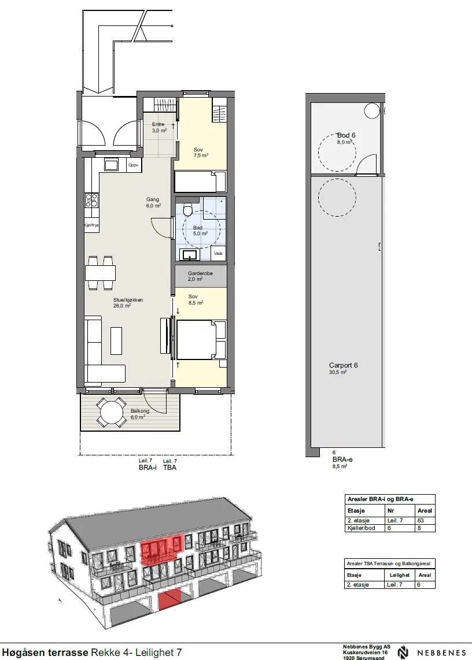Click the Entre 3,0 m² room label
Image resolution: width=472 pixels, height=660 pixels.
click(x=159, y=127)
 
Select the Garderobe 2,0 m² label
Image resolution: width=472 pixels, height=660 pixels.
click(x=200, y=276)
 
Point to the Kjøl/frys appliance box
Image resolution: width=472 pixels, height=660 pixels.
click(x=91, y=225)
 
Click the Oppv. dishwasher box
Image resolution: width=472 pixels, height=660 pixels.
click(x=134, y=165)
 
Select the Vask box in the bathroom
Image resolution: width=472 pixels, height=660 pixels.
click(x=218, y=253)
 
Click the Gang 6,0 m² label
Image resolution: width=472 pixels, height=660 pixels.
click(x=153, y=202)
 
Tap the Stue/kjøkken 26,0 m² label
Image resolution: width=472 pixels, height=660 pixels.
click(x=128, y=303)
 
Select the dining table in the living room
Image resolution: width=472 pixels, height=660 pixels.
click(x=100, y=273)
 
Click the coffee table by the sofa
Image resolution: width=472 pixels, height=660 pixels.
click(x=116, y=340)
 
